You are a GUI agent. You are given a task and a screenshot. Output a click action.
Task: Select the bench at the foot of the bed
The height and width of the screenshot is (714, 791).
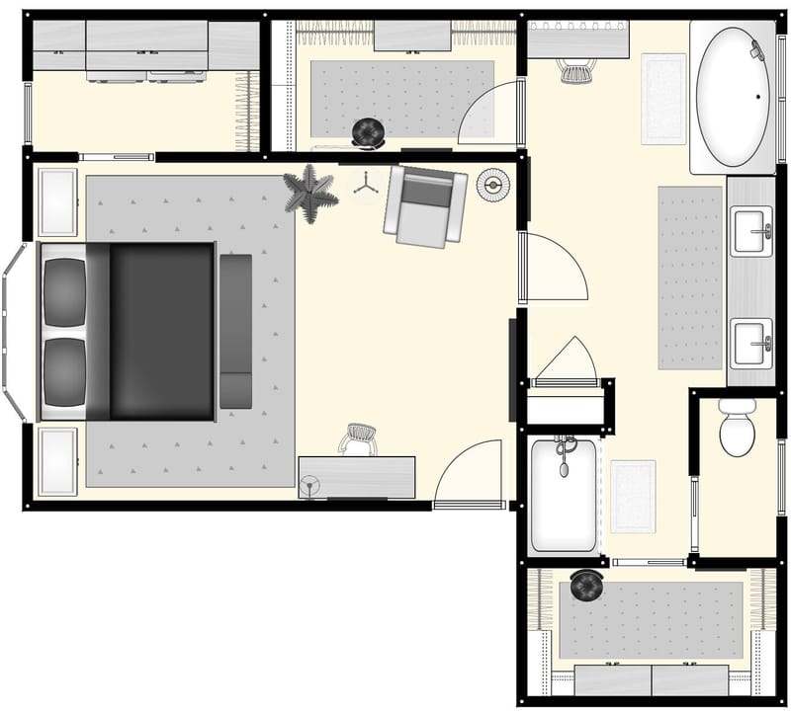235,331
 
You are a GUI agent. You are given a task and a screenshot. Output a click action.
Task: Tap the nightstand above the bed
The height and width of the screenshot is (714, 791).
57,202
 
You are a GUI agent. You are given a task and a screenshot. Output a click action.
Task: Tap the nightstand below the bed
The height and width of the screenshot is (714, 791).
57,460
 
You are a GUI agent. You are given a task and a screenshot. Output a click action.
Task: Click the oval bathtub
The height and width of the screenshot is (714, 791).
734,97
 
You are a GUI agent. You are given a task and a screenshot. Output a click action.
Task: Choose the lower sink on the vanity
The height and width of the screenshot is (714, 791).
751,343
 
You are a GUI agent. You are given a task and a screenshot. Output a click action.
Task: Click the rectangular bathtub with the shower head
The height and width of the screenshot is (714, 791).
564,494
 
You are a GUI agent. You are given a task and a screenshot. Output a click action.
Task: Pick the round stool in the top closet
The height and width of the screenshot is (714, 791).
371,130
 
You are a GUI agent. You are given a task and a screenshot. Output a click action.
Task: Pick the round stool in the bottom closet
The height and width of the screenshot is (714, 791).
586,587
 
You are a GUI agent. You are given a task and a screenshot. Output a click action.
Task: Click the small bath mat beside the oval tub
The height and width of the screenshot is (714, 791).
663,98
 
